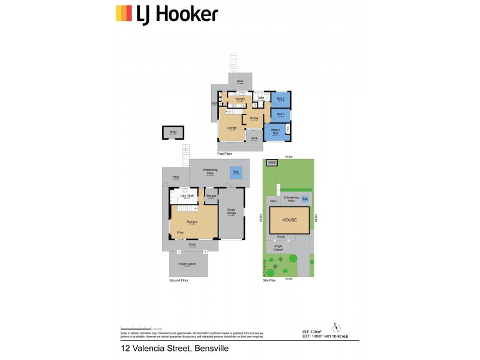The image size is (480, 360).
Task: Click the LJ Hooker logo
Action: (x=166, y=13)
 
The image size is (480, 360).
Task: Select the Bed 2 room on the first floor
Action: (x=281, y=99)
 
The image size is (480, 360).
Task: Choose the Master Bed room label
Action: (x=275, y=131)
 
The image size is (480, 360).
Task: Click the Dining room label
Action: (x=254, y=119)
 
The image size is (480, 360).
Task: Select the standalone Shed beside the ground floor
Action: (x=173, y=133)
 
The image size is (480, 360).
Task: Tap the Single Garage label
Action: (x=231, y=212)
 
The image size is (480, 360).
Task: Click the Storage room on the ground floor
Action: (x=211, y=196)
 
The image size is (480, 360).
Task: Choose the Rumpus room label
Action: (x=191, y=223)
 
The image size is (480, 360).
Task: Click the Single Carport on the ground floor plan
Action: (x=188, y=265)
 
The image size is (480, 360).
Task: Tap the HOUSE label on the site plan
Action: (x=290, y=220)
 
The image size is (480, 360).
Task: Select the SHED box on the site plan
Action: (x=271, y=163)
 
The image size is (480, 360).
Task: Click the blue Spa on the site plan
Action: (x=305, y=198)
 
